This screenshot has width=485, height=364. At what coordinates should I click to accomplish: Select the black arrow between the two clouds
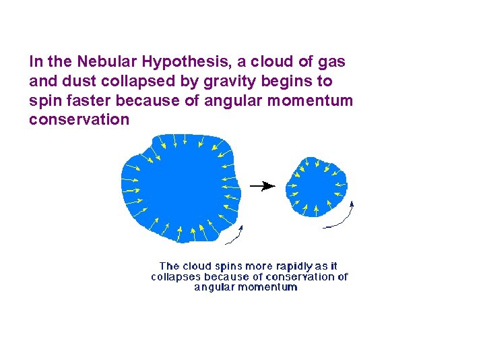[x=262, y=185]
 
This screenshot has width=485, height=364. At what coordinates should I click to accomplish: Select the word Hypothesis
[x=181, y=62]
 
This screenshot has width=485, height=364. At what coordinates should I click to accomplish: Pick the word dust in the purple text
[x=73, y=82]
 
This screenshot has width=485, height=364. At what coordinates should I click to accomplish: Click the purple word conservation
[x=79, y=120]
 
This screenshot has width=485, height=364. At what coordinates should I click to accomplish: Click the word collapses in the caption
[x=176, y=276]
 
